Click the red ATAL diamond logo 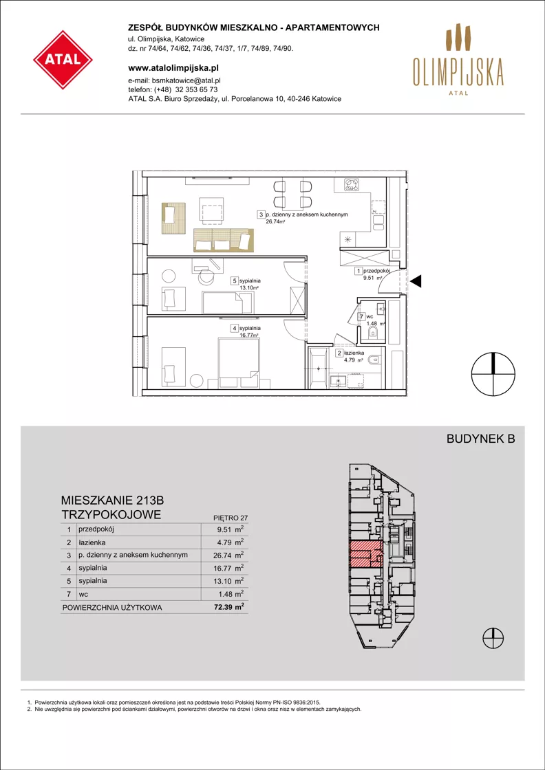(63, 59)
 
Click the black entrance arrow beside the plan (416, 281)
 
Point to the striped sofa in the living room (224, 240)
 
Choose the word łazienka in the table (90, 542)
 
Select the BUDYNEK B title (480, 440)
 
